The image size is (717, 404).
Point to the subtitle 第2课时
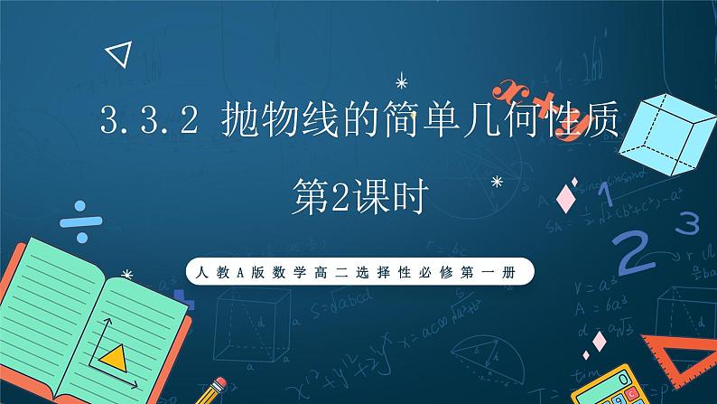click(x=358, y=195)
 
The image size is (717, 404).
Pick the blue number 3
click(x=690, y=221)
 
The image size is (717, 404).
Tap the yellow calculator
click(x=619, y=380)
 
